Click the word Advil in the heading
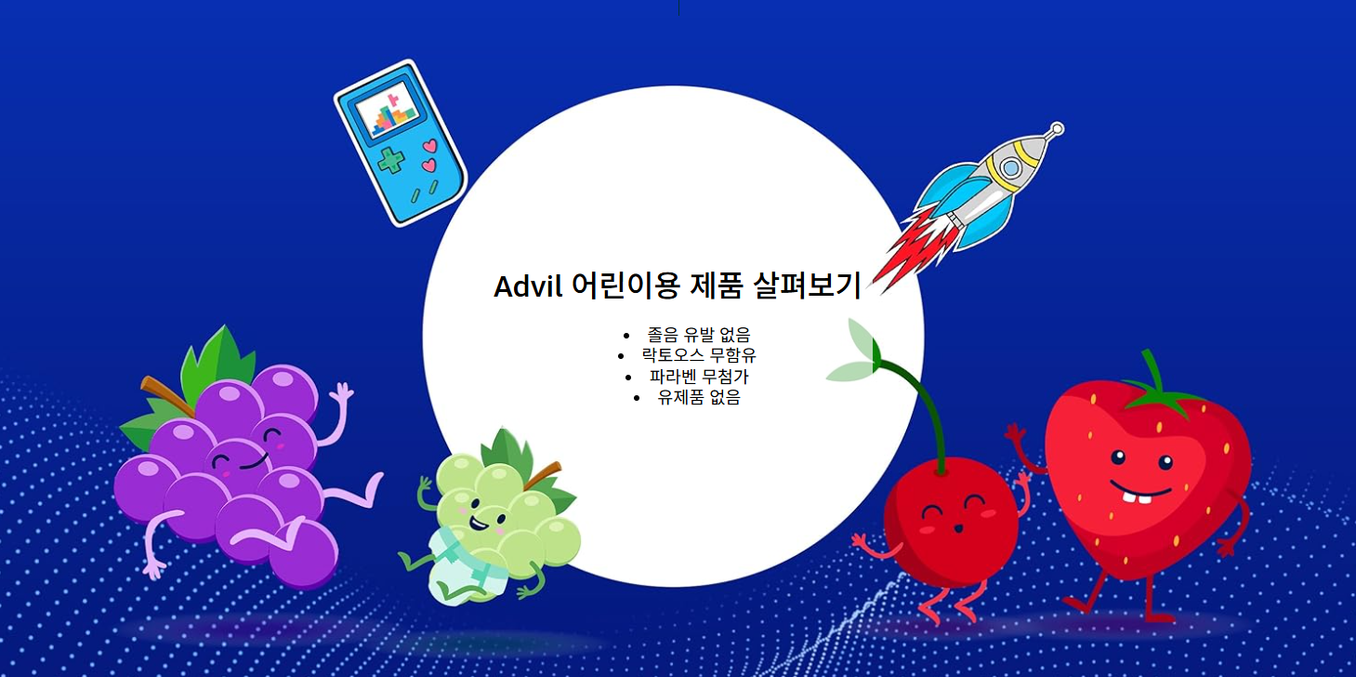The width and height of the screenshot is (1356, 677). [527, 286]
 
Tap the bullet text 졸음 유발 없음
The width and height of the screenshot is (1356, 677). [698, 335]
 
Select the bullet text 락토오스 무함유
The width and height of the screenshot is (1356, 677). [698, 355]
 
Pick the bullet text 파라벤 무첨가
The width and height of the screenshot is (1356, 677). [698, 377]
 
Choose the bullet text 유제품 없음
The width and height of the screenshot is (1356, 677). [698, 398]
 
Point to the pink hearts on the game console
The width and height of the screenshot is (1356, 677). [428, 155]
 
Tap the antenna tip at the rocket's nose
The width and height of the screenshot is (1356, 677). [1056, 129]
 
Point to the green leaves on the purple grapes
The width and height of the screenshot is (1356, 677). [218, 359]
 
